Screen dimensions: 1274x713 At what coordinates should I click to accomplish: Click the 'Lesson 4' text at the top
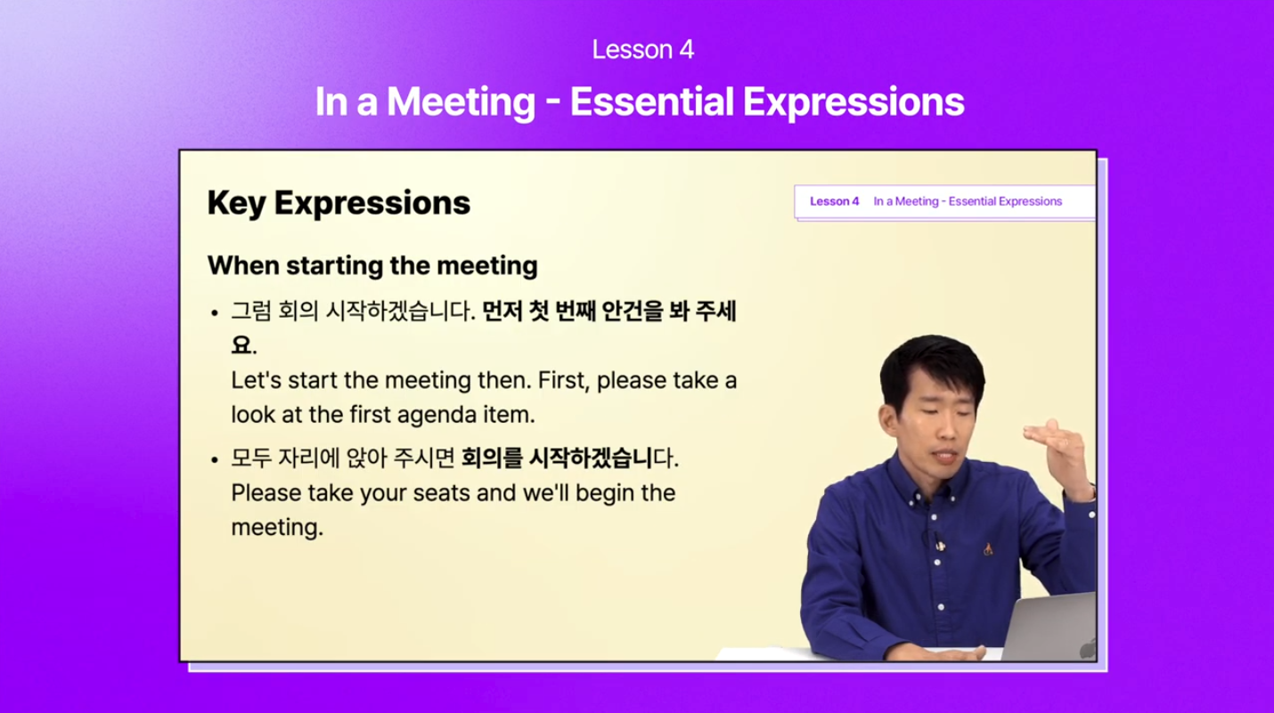pos(642,50)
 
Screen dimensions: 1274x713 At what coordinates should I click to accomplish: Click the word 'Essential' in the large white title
pos(651,101)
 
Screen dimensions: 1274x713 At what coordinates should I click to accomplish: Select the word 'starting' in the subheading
pos(334,266)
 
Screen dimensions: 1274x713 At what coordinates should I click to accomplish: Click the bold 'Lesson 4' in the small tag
pos(835,201)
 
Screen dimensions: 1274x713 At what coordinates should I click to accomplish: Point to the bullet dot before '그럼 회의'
pos(215,313)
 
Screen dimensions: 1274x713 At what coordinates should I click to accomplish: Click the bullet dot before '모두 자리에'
pos(215,459)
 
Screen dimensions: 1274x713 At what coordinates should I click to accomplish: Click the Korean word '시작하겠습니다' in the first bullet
pos(400,311)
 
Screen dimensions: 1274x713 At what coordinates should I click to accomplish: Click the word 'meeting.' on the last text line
pos(277,527)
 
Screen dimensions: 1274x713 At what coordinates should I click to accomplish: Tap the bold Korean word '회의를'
pos(492,458)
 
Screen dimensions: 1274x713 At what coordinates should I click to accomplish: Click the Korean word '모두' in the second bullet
pos(251,458)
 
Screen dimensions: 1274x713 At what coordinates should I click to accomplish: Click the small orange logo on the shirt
pos(988,549)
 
